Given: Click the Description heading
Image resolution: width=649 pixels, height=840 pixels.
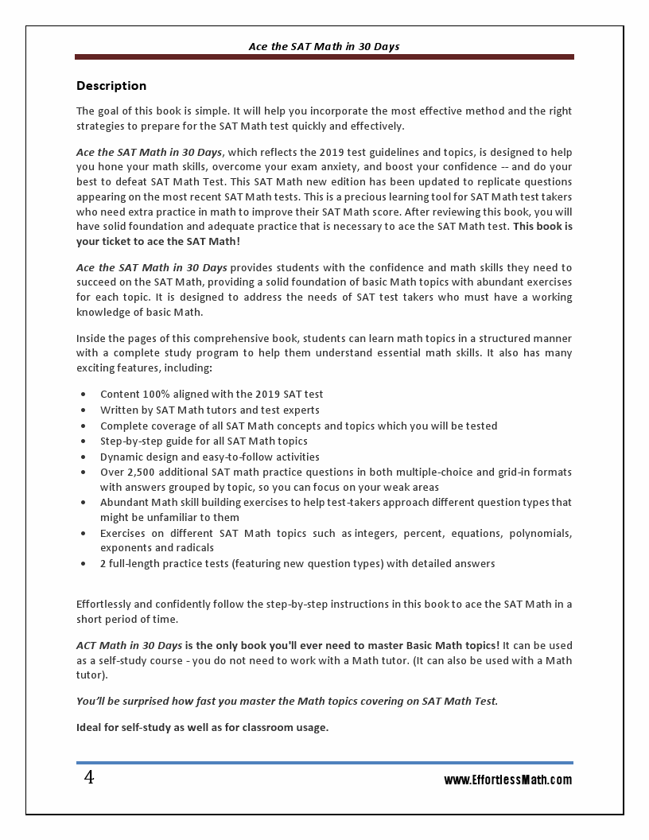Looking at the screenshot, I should click(x=111, y=86).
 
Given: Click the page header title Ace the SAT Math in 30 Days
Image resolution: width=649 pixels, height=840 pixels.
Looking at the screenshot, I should click(x=324, y=47).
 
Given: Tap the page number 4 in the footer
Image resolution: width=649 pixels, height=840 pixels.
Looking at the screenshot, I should click(x=89, y=778).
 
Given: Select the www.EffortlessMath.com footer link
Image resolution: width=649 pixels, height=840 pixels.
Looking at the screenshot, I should click(x=507, y=780).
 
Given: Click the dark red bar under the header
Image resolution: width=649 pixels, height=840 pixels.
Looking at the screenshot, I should click(x=324, y=57).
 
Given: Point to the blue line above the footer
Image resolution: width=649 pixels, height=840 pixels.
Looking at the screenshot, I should click(x=324, y=763).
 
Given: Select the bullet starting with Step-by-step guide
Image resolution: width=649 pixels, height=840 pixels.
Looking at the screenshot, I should click(x=204, y=441).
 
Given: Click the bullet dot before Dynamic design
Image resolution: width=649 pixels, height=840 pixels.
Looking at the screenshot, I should click(x=84, y=457).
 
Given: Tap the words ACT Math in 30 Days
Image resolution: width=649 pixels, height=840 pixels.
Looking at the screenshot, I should click(x=129, y=645).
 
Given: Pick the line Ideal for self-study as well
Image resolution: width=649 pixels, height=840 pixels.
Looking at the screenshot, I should click(x=202, y=727).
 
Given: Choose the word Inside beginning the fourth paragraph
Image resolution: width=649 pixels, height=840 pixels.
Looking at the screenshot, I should click(x=91, y=339).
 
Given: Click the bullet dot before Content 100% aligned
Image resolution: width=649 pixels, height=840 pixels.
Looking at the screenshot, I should click(x=84, y=394).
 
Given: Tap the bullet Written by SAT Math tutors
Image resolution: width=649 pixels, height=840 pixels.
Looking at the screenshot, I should click(x=209, y=410).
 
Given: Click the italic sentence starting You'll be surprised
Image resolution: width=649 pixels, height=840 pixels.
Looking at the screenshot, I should click(x=286, y=701).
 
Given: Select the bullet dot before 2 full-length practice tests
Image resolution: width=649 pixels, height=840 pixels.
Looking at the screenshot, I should click(x=84, y=563).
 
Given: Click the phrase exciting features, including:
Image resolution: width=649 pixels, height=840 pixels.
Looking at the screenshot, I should click(x=144, y=369).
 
